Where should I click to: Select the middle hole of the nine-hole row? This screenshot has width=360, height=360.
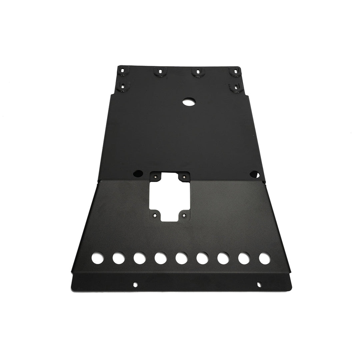point(181,258)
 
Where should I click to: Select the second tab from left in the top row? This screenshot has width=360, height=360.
point(160,71)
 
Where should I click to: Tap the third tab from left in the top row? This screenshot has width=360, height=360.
point(198,72)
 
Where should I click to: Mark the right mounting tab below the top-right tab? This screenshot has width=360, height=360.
point(236,87)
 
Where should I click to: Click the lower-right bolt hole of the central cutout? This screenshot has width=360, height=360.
point(184,216)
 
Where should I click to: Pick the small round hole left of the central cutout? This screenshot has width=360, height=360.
point(137,174)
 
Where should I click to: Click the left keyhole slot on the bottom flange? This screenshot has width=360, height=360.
point(135,284)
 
